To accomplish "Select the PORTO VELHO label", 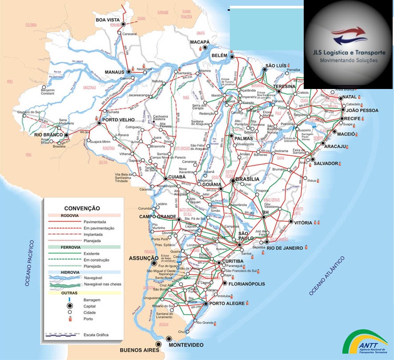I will tap(119, 120).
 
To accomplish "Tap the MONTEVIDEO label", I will tap(185, 345).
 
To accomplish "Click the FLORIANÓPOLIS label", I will tap(247, 284).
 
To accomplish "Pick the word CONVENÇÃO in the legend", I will tap(82, 208).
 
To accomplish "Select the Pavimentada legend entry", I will tap(94, 221).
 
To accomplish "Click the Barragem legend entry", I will tap(93, 300).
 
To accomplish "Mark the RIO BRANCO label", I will tap(47, 134).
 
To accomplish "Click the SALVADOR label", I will tap(326, 163).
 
